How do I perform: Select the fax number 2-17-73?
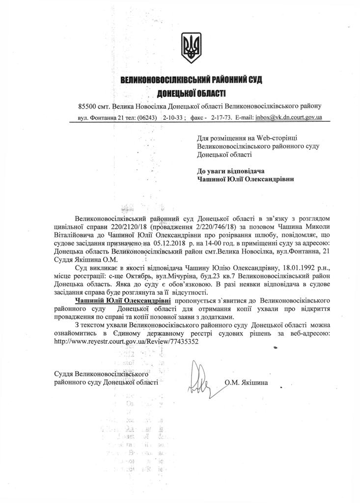point(224,118)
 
